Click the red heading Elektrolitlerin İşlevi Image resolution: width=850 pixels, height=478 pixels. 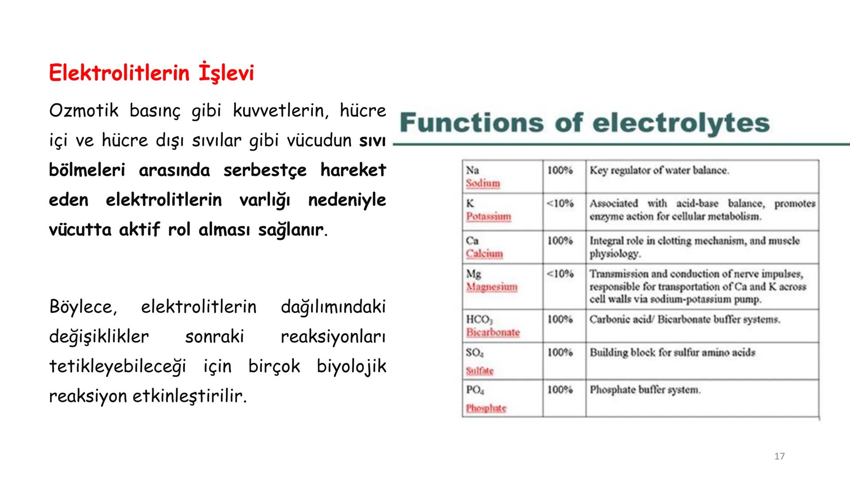tap(151, 73)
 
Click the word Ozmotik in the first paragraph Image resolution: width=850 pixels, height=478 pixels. tap(84, 111)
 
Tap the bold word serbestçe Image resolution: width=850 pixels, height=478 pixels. tap(265, 170)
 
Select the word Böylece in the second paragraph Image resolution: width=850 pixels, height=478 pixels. tap(83, 307)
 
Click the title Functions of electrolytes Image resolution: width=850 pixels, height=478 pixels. tap(584, 123)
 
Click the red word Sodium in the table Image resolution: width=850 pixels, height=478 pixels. tap(483, 183)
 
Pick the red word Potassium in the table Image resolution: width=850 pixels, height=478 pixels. tap(488, 216)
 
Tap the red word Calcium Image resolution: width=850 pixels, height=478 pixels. tap(484, 254)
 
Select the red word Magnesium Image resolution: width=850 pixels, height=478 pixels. tap(491, 287)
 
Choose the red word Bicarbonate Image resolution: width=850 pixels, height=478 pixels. tap(493, 332)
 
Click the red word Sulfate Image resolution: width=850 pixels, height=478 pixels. tap(479, 371)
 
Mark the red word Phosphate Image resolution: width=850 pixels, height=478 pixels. tap(486, 408)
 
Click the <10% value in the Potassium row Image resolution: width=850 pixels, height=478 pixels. tap(560, 204)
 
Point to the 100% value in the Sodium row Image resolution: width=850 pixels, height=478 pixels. tap(560, 170)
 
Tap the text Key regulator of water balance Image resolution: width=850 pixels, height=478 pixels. tap(659, 170)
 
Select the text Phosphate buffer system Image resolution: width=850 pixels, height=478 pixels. tap(645, 390)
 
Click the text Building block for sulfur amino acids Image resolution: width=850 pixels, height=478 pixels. tap(672, 353)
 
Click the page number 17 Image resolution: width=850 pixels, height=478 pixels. tap(780, 456)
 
